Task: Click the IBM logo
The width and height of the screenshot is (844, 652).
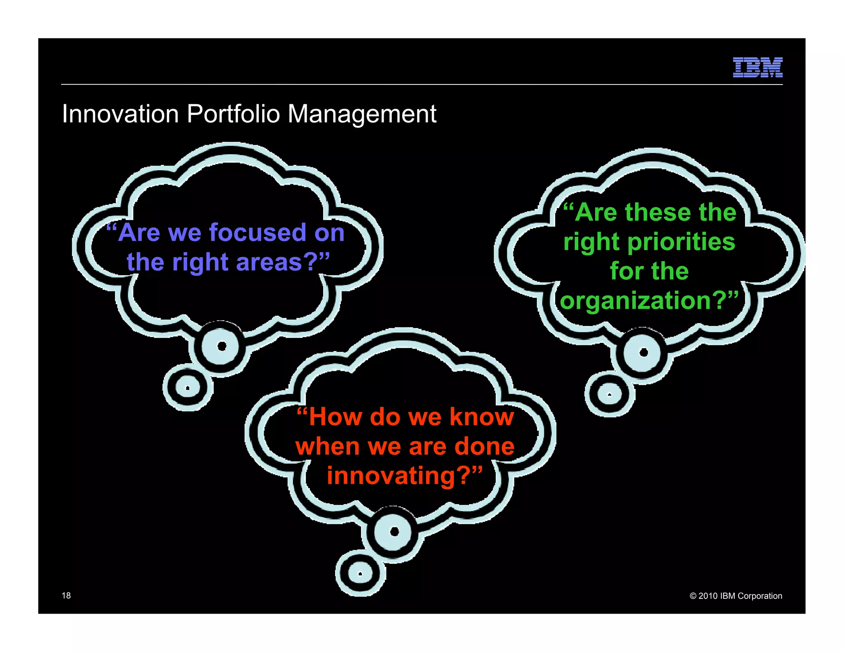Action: (757, 68)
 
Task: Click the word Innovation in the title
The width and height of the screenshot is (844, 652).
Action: (120, 114)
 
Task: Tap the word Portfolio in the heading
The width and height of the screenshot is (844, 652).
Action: (233, 114)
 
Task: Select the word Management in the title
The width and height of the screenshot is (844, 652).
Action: (362, 114)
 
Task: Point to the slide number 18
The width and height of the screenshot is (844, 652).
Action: (66, 595)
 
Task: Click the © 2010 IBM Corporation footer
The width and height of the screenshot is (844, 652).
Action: (736, 596)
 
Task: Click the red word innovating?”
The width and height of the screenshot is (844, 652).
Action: (404, 476)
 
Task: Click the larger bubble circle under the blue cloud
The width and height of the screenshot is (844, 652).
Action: (221, 346)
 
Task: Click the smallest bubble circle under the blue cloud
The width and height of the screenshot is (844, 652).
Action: (188, 387)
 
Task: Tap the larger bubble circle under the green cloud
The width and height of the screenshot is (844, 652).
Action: (643, 352)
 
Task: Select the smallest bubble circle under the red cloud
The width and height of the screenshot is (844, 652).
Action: (360, 573)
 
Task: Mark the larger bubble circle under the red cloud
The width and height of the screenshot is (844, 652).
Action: (394, 532)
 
